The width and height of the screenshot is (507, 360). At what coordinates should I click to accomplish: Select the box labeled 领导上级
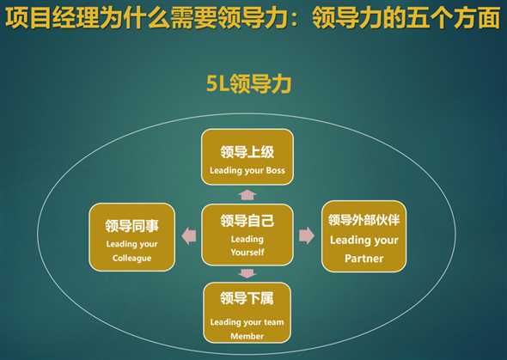pos(247,157)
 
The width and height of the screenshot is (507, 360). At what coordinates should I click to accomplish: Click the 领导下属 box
pos(247,313)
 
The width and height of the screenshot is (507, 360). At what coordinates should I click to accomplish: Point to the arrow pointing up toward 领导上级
pos(247,194)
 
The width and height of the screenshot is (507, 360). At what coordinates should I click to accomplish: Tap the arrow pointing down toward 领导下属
pos(247,273)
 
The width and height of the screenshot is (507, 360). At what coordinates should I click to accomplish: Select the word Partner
pos(363,257)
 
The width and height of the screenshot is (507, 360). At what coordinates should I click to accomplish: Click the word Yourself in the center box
pos(247,252)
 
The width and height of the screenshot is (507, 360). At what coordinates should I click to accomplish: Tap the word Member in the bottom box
pos(247,336)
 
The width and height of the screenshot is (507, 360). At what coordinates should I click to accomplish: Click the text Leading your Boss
pos(247,170)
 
